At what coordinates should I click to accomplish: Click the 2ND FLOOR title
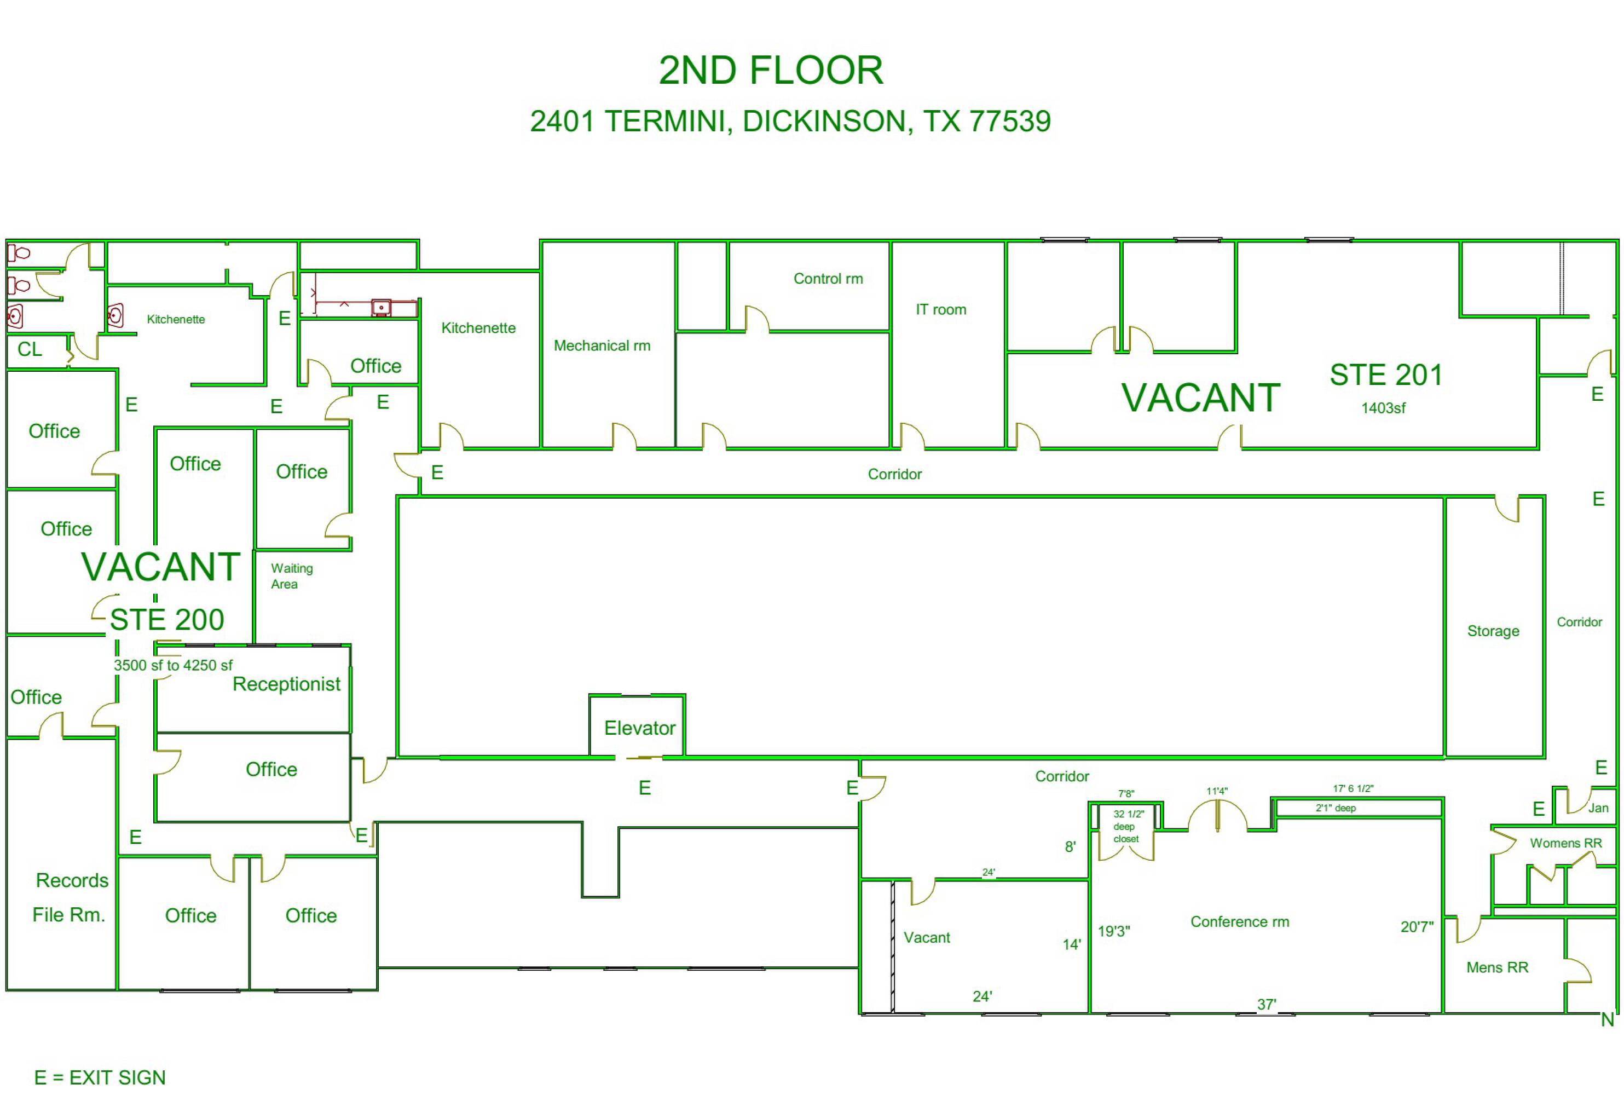(771, 71)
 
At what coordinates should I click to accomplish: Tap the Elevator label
(639, 728)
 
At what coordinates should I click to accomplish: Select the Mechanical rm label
(602, 345)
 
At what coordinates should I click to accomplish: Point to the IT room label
(940, 309)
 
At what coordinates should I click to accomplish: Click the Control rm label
(828, 279)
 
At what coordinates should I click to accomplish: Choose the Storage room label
(1493, 631)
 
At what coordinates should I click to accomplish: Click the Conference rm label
(1239, 922)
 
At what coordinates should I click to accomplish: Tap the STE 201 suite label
(1386, 375)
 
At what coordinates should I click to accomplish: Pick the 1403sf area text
(1383, 408)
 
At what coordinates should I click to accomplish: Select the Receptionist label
(286, 684)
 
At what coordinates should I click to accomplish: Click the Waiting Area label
(292, 576)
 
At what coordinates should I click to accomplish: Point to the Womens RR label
(1565, 843)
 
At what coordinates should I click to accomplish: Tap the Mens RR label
(1497, 967)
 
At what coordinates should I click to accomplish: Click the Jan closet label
(1598, 808)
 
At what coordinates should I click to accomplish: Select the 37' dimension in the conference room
(1267, 1005)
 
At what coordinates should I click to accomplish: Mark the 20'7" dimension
(1417, 927)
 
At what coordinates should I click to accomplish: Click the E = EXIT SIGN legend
(100, 1077)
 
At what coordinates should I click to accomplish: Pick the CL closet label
(30, 349)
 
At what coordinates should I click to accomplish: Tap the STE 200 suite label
(167, 619)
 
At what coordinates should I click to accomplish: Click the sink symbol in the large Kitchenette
(381, 308)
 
